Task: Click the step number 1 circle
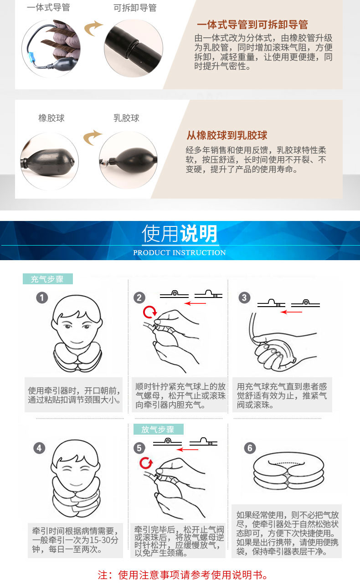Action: (42, 298)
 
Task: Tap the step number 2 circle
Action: (139, 298)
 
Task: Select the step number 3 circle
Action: (244, 298)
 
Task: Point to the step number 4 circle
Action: (39, 448)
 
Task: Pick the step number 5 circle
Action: (139, 448)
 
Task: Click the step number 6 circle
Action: (250, 448)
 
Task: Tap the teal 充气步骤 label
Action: (47, 279)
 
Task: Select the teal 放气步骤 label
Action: (158, 429)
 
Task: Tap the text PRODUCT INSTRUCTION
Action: (180, 252)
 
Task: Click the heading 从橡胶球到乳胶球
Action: (227, 135)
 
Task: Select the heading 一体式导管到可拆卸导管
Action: (252, 25)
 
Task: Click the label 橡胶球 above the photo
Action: (51, 118)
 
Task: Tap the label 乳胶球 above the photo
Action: (126, 118)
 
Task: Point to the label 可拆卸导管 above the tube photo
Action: (135, 8)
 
